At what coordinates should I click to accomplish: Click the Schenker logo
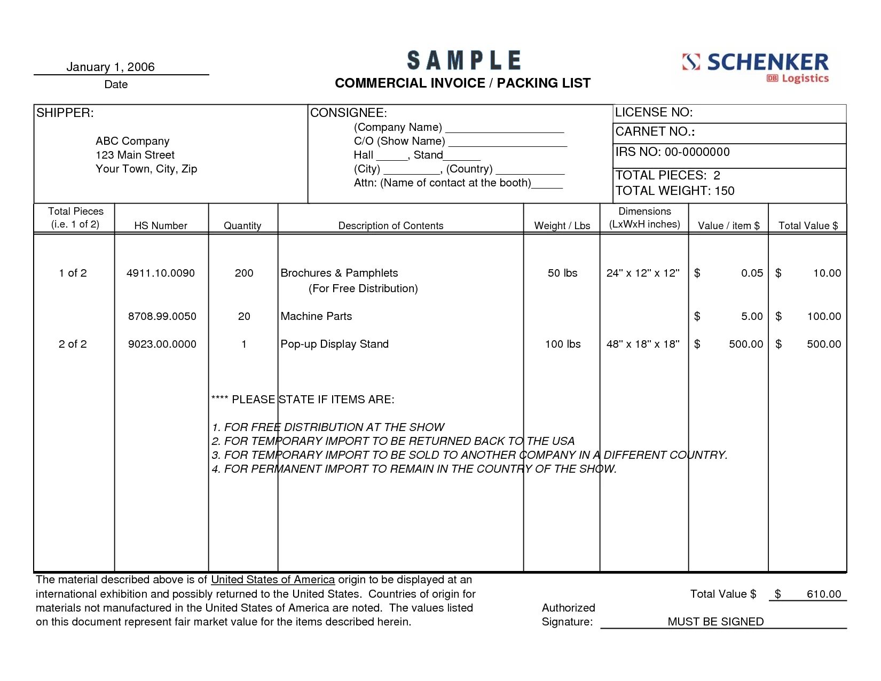tap(755, 68)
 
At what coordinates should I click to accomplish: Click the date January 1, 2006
tap(111, 67)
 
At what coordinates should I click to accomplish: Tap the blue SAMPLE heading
tap(463, 60)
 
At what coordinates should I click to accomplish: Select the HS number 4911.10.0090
tap(161, 273)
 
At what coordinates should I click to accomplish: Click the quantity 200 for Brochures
tap(244, 273)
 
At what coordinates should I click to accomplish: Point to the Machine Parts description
tap(316, 316)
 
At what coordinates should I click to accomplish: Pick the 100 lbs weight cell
tap(563, 344)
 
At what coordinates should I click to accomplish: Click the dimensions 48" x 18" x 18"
tap(643, 344)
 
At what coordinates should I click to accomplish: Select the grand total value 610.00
tap(823, 594)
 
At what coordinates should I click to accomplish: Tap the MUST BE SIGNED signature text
tap(715, 622)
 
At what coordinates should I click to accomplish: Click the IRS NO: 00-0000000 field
tap(673, 152)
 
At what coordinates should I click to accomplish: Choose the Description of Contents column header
tap(391, 225)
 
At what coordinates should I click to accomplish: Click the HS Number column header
tap(161, 225)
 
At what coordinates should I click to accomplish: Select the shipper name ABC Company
tap(132, 141)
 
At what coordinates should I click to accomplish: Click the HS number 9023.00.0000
tap(162, 344)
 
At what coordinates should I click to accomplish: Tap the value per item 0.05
tap(752, 273)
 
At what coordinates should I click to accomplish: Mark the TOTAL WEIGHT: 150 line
tap(675, 191)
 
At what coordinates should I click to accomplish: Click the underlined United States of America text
tap(273, 580)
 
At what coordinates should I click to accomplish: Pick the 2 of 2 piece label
tap(73, 344)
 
